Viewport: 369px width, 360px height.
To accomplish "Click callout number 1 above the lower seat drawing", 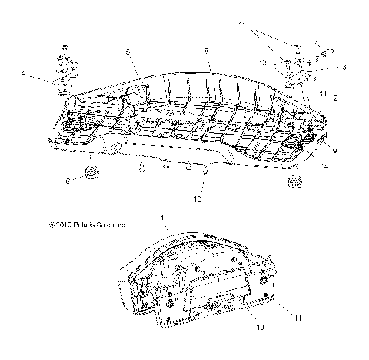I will (162, 218).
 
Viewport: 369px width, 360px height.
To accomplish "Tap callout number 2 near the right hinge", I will (335, 98).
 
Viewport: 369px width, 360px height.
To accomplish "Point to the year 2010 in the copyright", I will (60, 226).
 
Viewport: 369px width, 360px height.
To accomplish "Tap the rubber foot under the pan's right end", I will (294, 181).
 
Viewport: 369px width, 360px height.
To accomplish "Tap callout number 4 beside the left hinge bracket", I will (23, 75).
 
